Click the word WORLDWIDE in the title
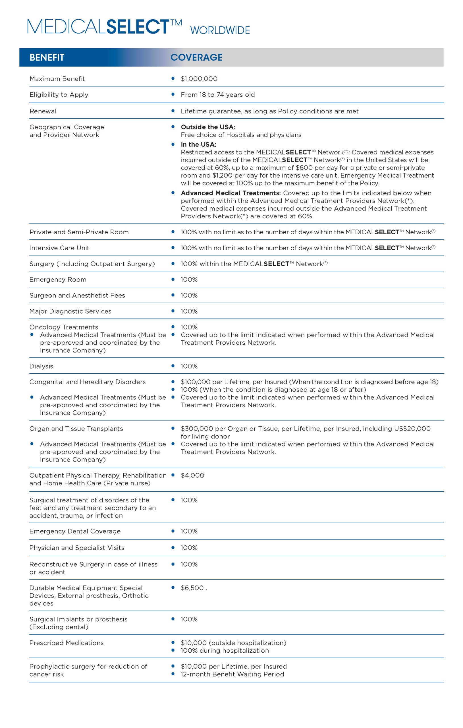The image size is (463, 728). pyautogui.click(x=220, y=30)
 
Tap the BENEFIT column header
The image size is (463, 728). pyautogui.click(x=47, y=57)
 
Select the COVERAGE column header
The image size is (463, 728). pyautogui.click(x=196, y=57)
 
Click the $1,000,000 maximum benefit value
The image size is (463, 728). pyautogui.click(x=199, y=79)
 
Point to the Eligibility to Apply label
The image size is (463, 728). pyautogui.click(x=59, y=95)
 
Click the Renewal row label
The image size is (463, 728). pyautogui.click(x=43, y=111)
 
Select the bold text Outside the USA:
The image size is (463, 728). pyautogui.click(x=208, y=127)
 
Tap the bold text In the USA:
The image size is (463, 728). pyautogui.click(x=198, y=144)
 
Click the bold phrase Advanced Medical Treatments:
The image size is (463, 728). pyautogui.click(x=231, y=193)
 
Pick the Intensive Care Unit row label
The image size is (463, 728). pyautogui.click(x=59, y=248)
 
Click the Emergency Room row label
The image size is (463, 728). pyautogui.click(x=58, y=280)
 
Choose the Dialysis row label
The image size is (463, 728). pyautogui.click(x=41, y=366)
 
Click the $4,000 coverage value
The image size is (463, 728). pyautogui.click(x=192, y=475)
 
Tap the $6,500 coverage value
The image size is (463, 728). pyautogui.click(x=192, y=588)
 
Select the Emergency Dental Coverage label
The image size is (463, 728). pyautogui.click(x=75, y=531)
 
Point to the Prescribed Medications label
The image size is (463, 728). pyautogui.click(x=67, y=643)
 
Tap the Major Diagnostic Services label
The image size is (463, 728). pyautogui.click(x=70, y=311)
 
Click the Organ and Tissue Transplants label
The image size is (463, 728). pyautogui.click(x=76, y=429)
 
